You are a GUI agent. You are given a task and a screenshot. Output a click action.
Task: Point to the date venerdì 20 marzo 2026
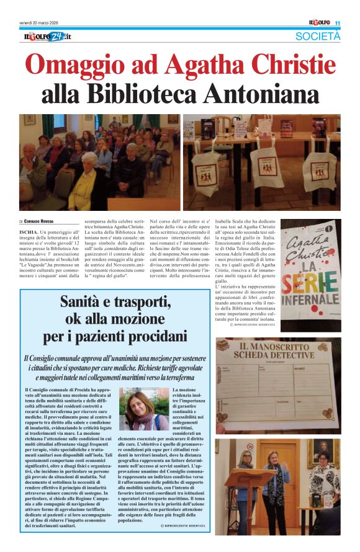tap(44, 24)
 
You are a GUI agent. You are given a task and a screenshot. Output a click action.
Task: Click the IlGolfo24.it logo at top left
tap(48, 37)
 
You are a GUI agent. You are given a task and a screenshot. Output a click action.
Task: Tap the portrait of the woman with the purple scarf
tap(143, 409)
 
